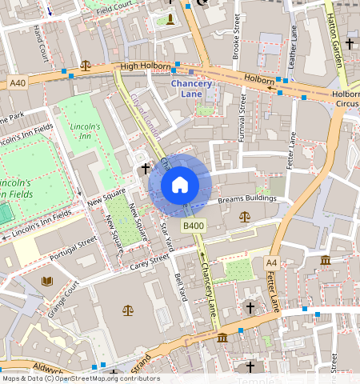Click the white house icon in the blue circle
click(180, 185)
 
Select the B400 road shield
click(193, 226)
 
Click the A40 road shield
click(18, 82)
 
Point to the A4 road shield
click(272, 262)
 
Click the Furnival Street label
click(242, 118)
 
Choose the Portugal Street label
click(74, 247)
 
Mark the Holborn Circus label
click(346, 98)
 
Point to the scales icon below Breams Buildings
click(244, 216)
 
